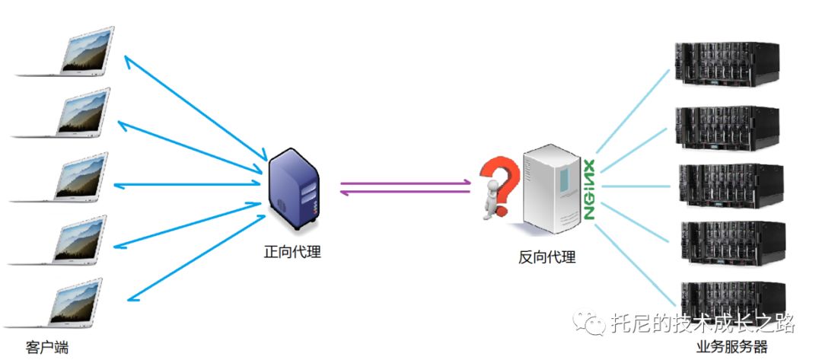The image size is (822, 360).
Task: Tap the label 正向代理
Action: click(292, 252)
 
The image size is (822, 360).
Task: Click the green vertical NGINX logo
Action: click(589, 190)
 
